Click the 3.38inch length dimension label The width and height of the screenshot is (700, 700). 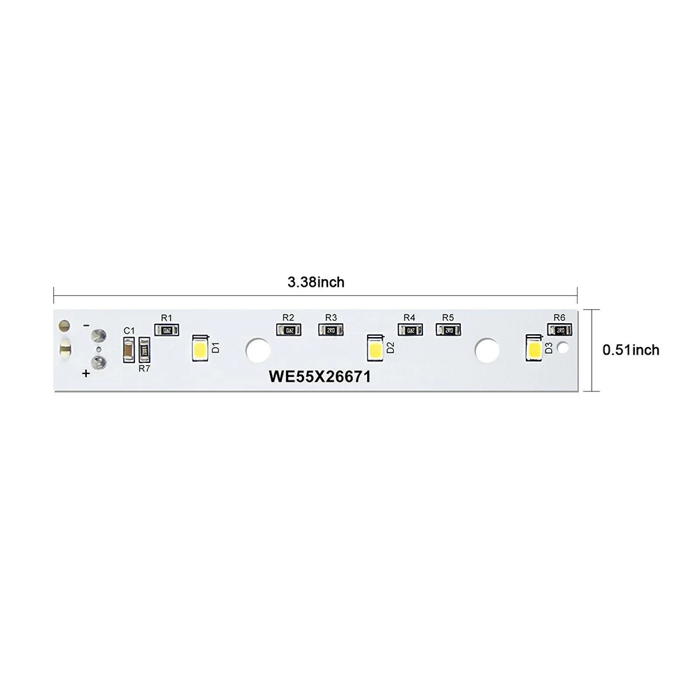click(315, 283)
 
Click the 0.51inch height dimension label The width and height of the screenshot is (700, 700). click(631, 350)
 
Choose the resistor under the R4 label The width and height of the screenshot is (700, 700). click(410, 330)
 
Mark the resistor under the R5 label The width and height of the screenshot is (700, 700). click(448, 330)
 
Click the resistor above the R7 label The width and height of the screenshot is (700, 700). click(145, 349)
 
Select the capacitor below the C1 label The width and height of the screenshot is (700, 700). click(129, 350)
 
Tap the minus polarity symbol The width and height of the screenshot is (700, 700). click(85, 326)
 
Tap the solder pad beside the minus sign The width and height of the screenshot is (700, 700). click(99, 335)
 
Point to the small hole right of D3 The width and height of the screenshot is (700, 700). click(564, 347)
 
